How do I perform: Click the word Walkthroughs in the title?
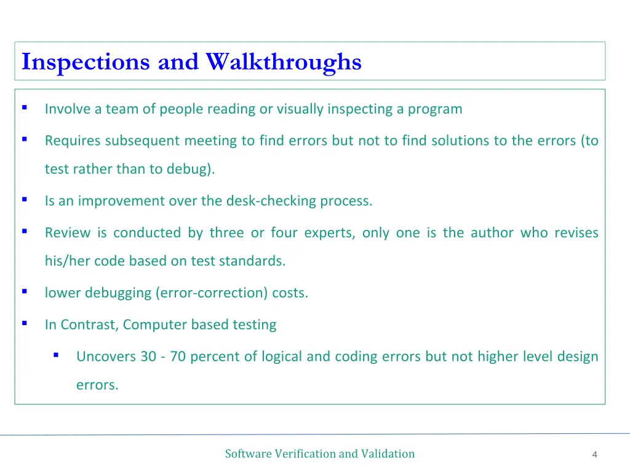tap(284, 62)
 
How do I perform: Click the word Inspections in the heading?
tap(86, 62)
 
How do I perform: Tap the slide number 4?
tap(594, 455)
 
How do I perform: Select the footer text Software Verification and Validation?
tap(319, 454)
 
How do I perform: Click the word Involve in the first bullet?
tap(67, 109)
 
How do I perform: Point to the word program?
tap(435, 110)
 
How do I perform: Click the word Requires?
tap(73, 141)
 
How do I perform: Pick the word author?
tap(491, 233)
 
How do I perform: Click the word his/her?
tap(68, 261)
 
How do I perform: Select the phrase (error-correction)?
tap(212, 293)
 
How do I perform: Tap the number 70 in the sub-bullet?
tap(178, 356)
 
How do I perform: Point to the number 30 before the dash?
tap(148, 356)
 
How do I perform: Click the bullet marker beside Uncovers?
tap(56, 355)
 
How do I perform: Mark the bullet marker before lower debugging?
tap(24, 291)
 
